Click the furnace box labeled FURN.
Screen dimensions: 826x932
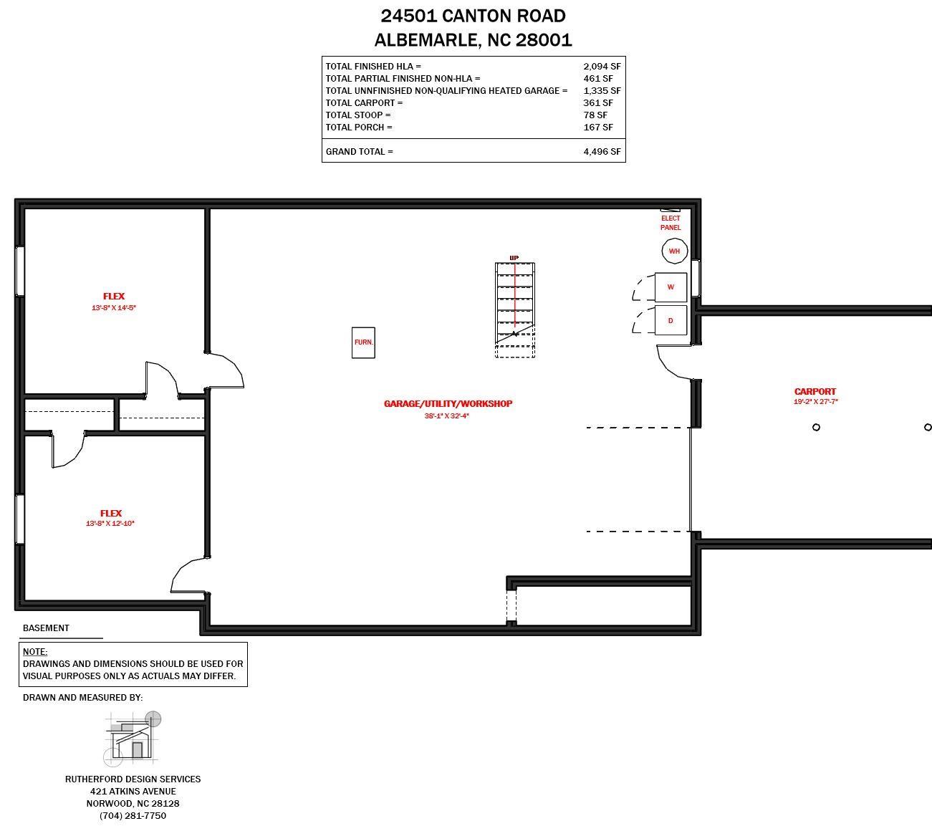[363, 342]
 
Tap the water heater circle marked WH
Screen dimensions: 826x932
[674, 251]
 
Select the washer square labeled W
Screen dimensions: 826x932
[671, 287]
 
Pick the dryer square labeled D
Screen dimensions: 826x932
[671, 320]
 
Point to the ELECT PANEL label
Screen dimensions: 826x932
[671, 223]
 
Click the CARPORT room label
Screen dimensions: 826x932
[815, 391]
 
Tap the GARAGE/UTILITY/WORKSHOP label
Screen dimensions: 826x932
[448, 403]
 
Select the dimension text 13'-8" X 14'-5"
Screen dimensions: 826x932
[113, 308]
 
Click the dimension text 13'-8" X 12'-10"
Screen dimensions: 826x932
[110, 524]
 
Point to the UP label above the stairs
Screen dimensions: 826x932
[514, 258]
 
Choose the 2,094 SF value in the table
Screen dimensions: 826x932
[602, 66]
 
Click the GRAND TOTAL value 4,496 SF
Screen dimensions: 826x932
[602, 152]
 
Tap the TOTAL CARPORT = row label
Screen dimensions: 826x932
[364, 102]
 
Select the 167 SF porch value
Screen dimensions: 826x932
[598, 127]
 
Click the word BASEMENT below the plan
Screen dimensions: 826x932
[46, 628]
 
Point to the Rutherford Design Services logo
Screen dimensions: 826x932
[133, 738]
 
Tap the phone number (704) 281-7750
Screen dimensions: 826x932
[133, 815]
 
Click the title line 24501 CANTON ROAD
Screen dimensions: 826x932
[473, 16]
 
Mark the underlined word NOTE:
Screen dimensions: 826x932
[35, 652]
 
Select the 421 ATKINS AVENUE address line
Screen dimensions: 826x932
[133, 791]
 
